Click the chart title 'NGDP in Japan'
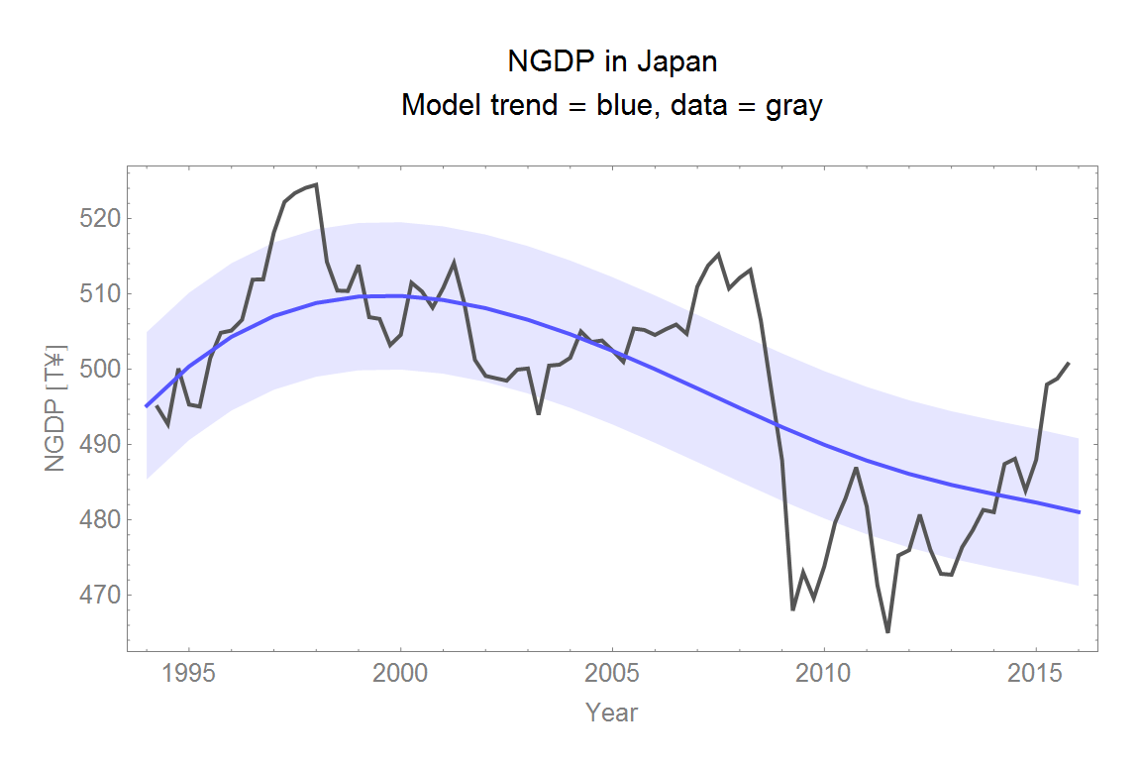(611, 61)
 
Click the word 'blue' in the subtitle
(627, 105)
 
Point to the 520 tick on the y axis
(97, 218)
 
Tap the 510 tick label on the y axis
(97, 294)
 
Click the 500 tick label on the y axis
(97, 370)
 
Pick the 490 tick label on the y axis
(97, 445)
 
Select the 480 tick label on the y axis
(97, 520)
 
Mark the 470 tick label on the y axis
(97, 596)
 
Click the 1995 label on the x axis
(188, 675)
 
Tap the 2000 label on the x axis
(400, 675)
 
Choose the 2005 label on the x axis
(612, 675)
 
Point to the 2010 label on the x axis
(824, 675)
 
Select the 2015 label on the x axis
(1035, 675)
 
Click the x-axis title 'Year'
(611, 713)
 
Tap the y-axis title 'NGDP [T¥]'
(55, 407)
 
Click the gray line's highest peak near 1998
(316, 184)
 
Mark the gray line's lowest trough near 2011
(887, 631)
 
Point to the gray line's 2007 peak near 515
(718, 255)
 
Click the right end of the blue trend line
(1079, 511)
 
